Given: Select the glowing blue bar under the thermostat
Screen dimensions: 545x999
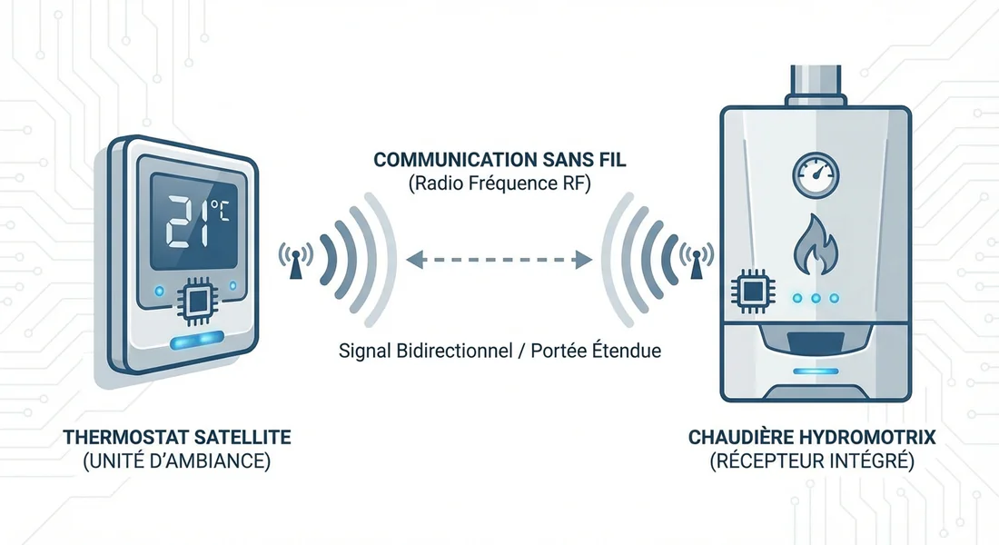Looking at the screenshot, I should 196,339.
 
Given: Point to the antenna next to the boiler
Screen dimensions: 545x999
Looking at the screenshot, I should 697,261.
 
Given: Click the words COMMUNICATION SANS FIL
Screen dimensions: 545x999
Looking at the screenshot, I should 499,161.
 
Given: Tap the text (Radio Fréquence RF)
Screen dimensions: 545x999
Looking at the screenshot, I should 499,184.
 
